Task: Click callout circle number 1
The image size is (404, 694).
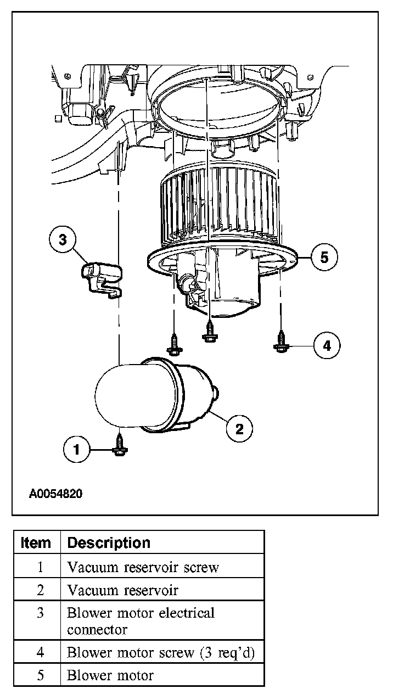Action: pos(76,450)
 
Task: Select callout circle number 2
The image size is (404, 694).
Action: pos(240,428)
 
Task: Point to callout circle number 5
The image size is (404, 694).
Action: pos(324,257)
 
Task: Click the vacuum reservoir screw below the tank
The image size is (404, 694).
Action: pos(119,445)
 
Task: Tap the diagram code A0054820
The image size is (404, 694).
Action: pos(55,494)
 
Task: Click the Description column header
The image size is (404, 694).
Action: pos(109,542)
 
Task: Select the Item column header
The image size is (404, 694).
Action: pos(36,542)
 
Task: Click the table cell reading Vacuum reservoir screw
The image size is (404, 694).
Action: pos(143,567)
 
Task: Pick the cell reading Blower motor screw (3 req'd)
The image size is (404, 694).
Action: pos(161,652)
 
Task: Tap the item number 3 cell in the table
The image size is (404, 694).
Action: pos(40,613)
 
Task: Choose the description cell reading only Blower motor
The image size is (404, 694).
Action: pos(110,675)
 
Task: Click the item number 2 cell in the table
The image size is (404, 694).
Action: pos(40,590)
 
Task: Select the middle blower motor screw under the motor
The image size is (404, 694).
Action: pos(210,332)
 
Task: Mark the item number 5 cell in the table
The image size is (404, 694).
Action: pos(40,675)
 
